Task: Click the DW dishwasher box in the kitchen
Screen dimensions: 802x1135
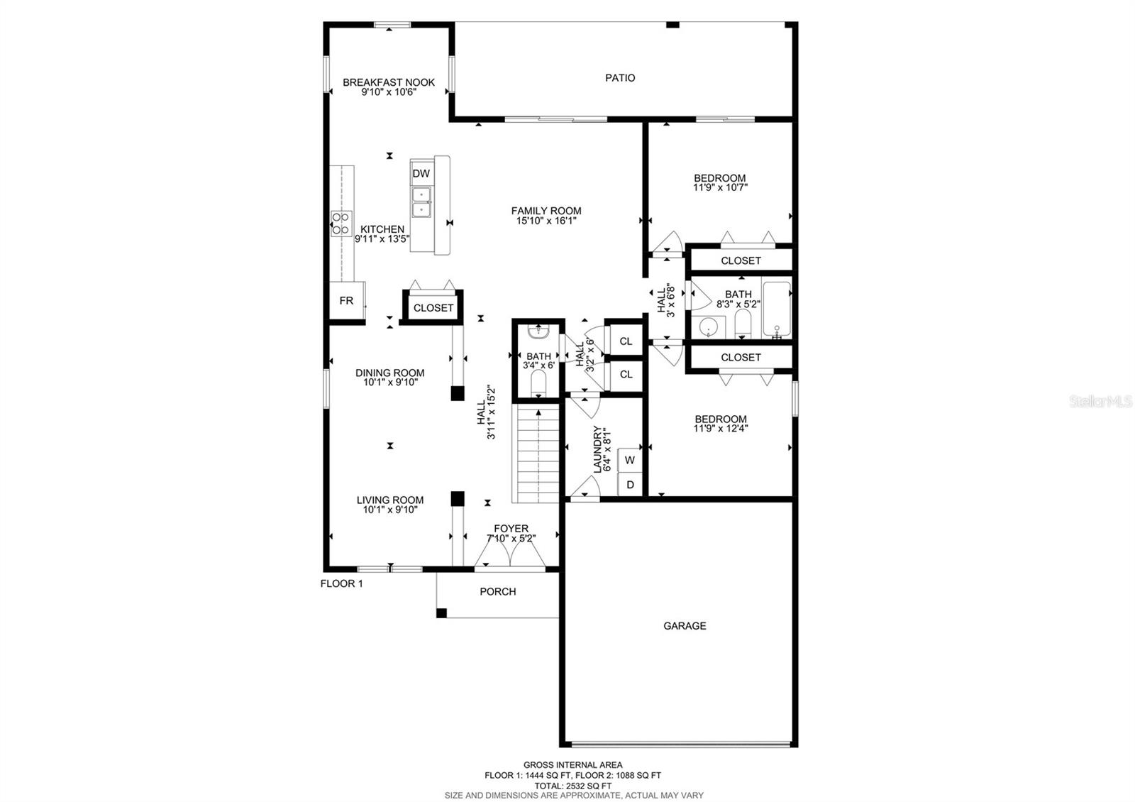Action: click(421, 173)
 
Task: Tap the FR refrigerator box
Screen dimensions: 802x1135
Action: click(346, 301)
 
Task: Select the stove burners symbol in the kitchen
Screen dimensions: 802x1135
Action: click(341, 224)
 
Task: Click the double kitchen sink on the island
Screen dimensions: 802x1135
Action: click(421, 202)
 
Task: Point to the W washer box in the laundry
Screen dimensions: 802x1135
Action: click(629, 460)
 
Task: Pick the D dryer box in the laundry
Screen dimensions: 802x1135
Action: click(629, 485)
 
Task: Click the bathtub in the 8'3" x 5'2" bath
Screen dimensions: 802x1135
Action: click(776, 309)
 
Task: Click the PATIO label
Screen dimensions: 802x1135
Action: click(619, 78)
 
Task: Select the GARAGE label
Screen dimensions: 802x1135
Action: click(685, 626)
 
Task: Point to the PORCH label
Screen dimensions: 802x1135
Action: click(497, 592)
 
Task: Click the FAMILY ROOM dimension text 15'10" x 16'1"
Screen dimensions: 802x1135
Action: click(546, 221)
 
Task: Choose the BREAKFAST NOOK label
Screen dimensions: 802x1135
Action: click(389, 82)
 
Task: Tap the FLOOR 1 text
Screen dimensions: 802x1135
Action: click(341, 584)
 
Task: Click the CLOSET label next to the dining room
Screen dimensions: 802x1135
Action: click(433, 308)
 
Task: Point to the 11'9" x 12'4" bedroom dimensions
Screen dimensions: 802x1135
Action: click(721, 429)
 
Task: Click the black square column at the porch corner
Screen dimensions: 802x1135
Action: click(441, 613)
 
